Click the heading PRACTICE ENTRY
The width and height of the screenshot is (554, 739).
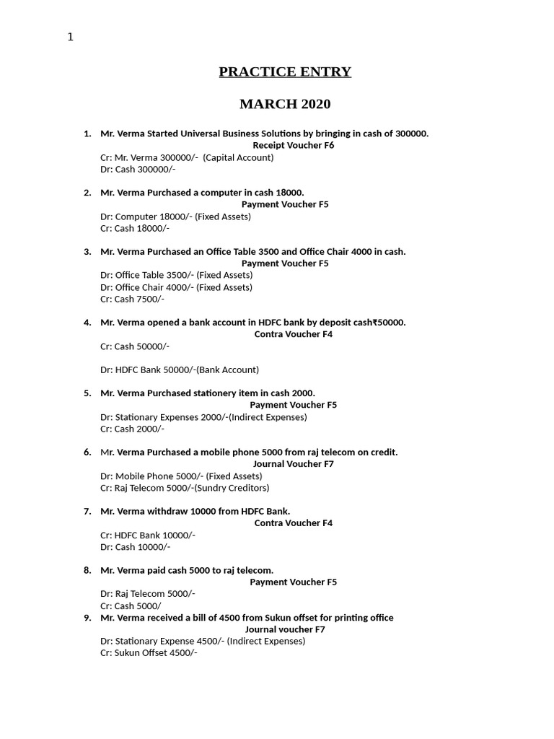coord(285,71)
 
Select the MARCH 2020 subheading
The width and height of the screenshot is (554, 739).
coord(285,104)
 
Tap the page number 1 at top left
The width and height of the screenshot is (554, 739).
coord(71,38)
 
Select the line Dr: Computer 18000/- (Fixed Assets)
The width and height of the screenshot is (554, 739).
coord(175,217)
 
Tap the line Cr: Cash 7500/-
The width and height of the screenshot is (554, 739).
coord(132,299)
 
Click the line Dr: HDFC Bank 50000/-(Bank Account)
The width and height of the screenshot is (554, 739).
coord(179,369)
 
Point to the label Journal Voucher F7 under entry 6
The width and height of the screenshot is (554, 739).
coord(293,464)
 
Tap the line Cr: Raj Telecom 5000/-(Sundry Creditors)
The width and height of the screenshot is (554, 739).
coord(185,488)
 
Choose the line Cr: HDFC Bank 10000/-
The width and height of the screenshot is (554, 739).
coord(148,535)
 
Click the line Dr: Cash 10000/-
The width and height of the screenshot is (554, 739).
coord(135,547)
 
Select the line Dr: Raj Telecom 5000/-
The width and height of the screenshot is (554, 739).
coord(148,594)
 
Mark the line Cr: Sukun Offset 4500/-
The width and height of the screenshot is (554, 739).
coord(149,653)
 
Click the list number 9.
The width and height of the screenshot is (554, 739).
coord(87,618)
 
